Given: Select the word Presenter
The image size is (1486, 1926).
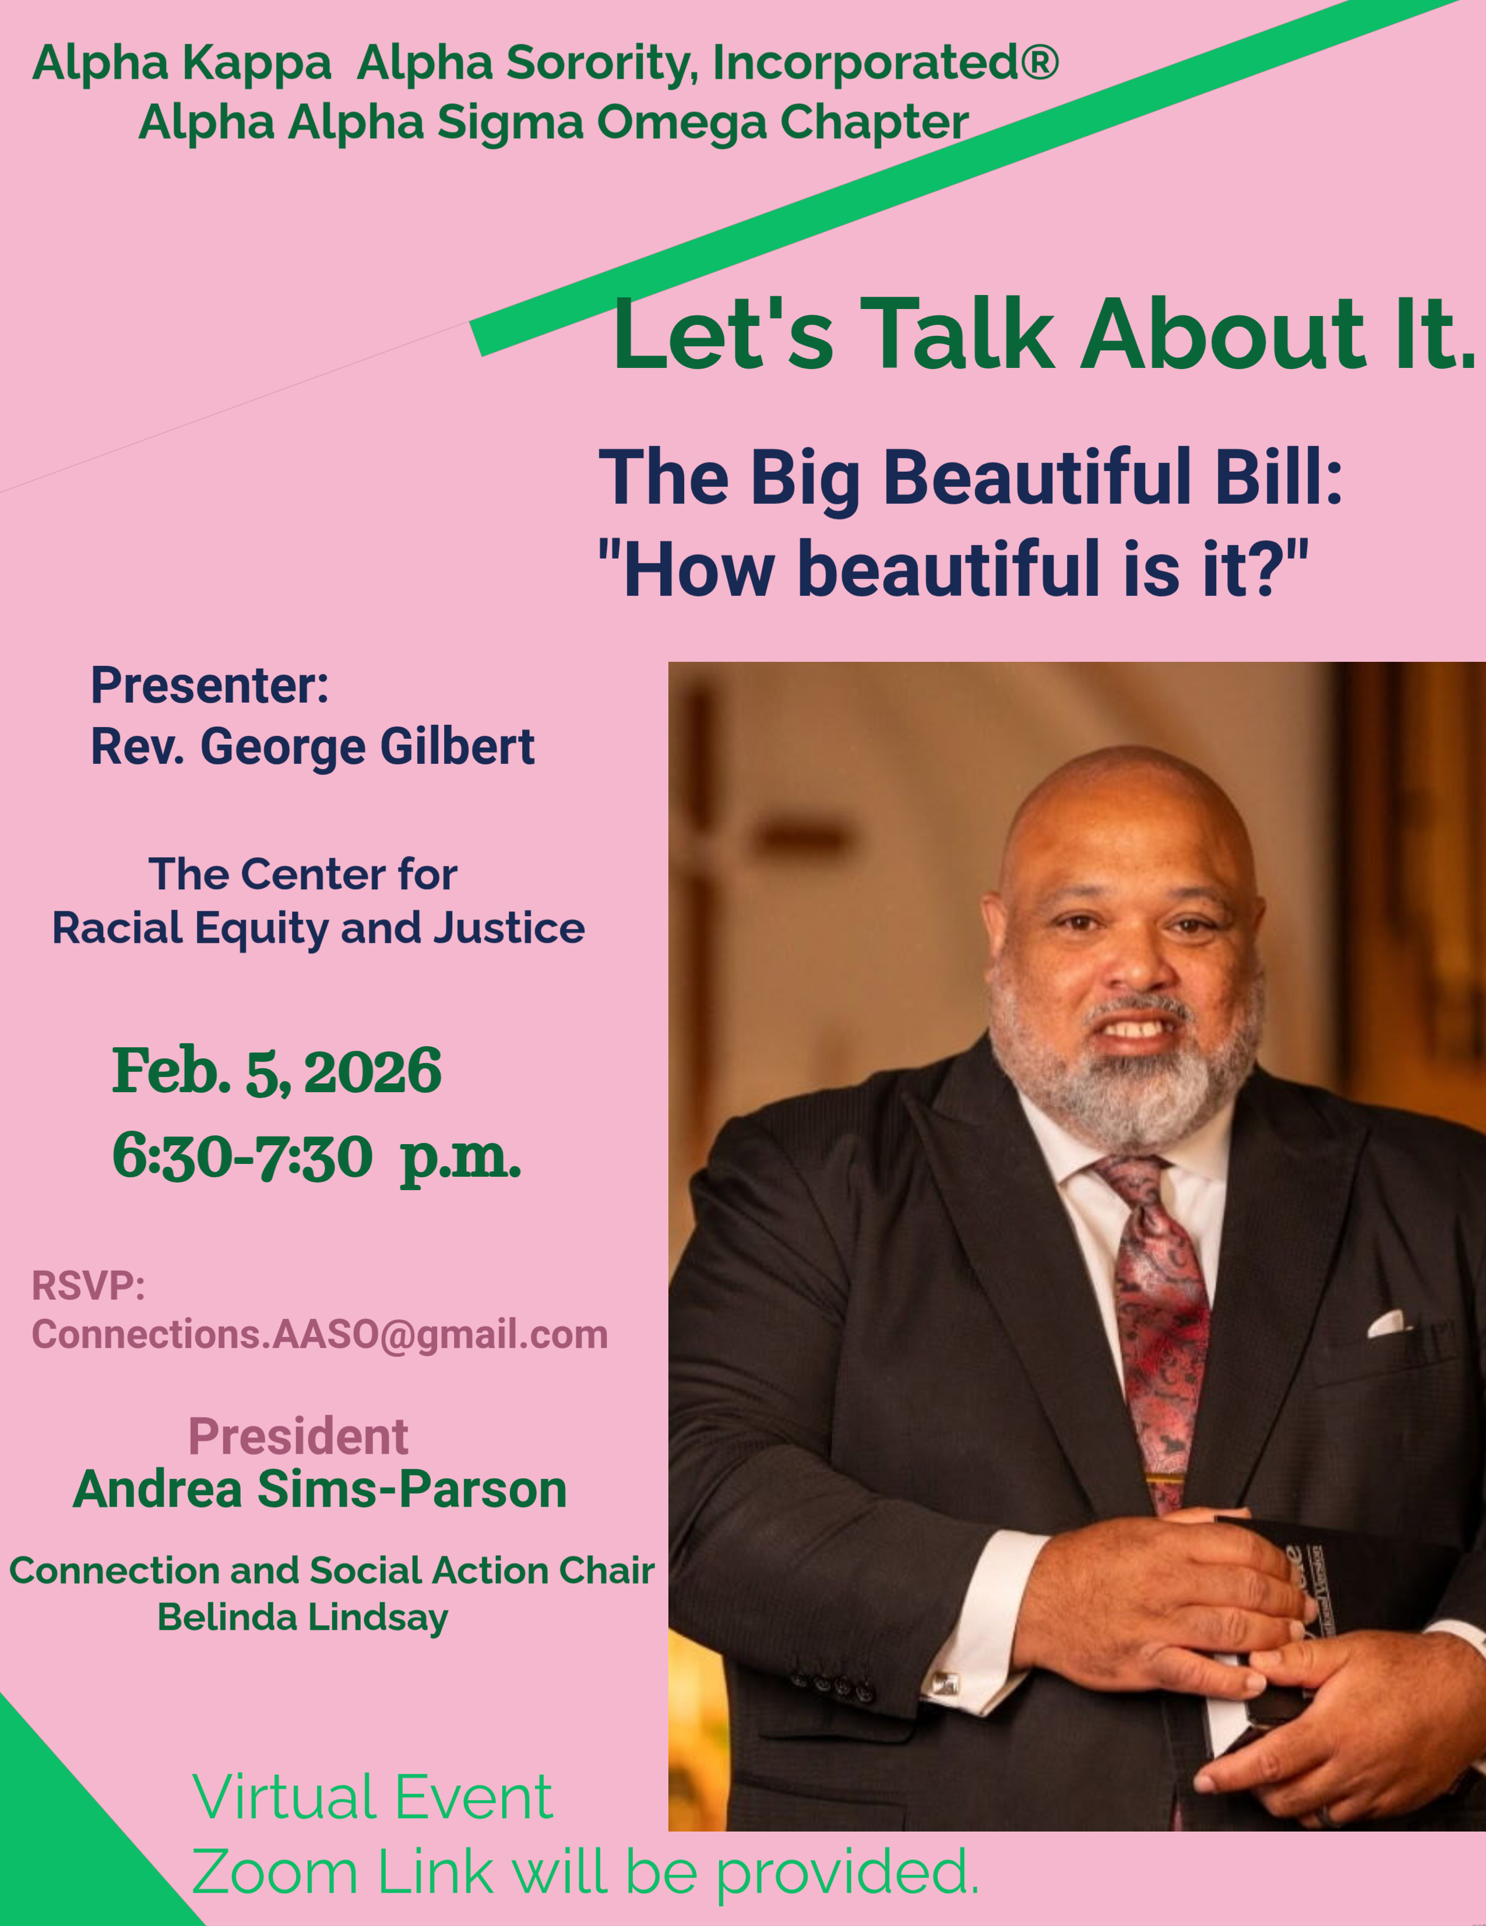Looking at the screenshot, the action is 210,685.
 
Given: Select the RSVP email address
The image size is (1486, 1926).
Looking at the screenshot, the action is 320,1334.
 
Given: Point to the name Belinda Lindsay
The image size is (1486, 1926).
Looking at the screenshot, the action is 302,1618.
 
